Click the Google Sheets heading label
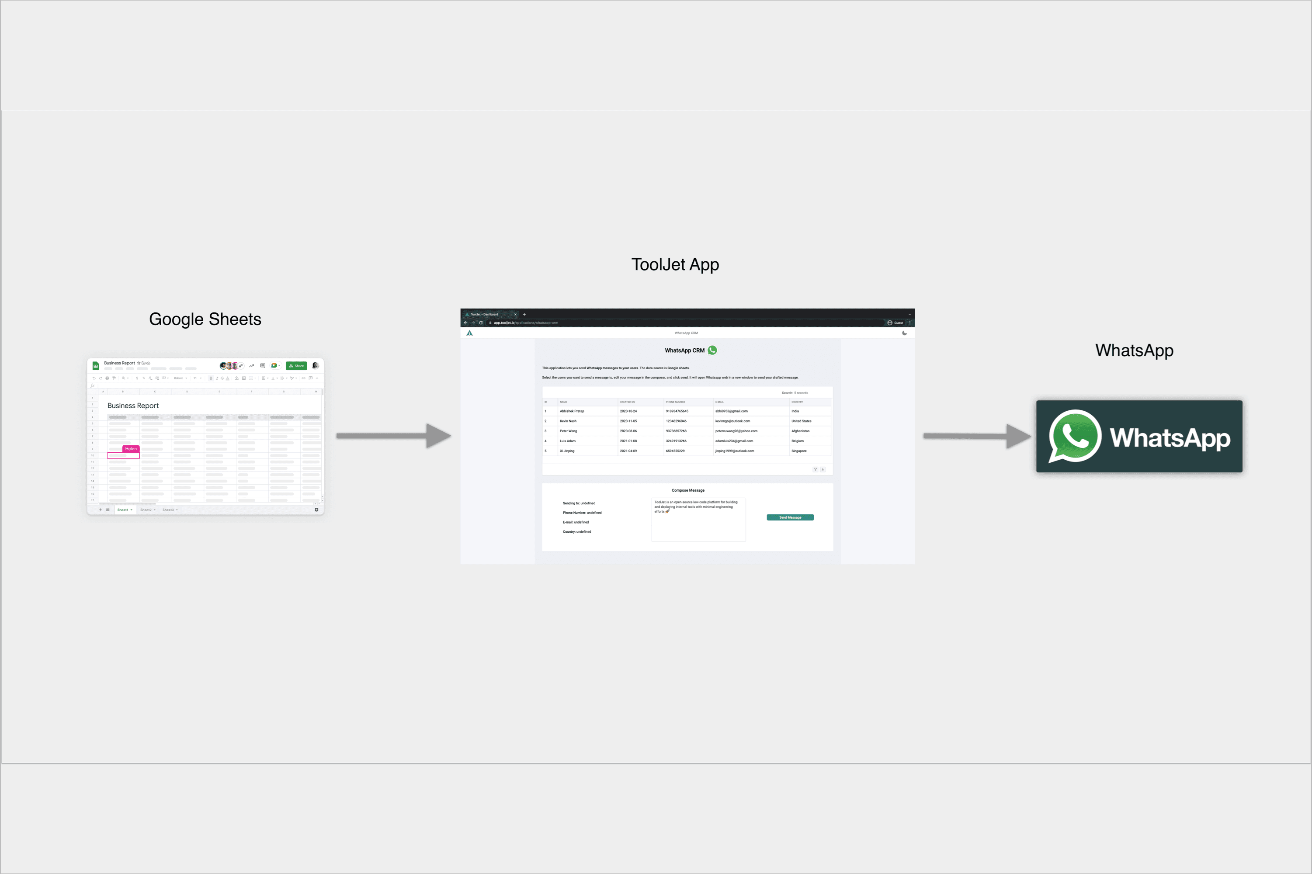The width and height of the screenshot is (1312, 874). [x=205, y=319]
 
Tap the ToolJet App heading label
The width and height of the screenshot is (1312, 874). [x=674, y=264]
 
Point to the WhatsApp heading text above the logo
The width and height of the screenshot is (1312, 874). [x=1134, y=350]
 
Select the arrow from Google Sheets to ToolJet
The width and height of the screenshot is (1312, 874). [x=393, y=436]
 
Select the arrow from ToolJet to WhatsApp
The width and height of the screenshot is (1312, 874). [x=976, y=436]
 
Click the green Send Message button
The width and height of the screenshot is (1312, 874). [x=790, y=517]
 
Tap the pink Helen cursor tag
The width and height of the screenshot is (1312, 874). [x=131, y=449]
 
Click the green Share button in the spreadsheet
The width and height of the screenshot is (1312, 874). [x=296, y=366]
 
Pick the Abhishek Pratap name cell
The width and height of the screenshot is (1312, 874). [x=572, y=411]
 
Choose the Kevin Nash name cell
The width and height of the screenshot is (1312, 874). [x=568, y=421]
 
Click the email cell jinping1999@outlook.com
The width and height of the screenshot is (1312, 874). [x=735, y=451]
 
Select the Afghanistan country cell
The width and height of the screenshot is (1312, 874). [x=800, y=431]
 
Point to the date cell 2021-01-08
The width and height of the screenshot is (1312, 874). [x=628, y=441]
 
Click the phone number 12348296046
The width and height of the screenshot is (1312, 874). [x=676, y=421]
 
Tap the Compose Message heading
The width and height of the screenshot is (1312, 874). [x=688, y=490]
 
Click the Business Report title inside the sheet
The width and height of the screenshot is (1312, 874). [x=133, y=406]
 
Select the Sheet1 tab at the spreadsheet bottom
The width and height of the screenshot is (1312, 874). [x=123, y=510]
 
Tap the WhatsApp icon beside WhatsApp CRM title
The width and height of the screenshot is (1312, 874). [x=712, y=350]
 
